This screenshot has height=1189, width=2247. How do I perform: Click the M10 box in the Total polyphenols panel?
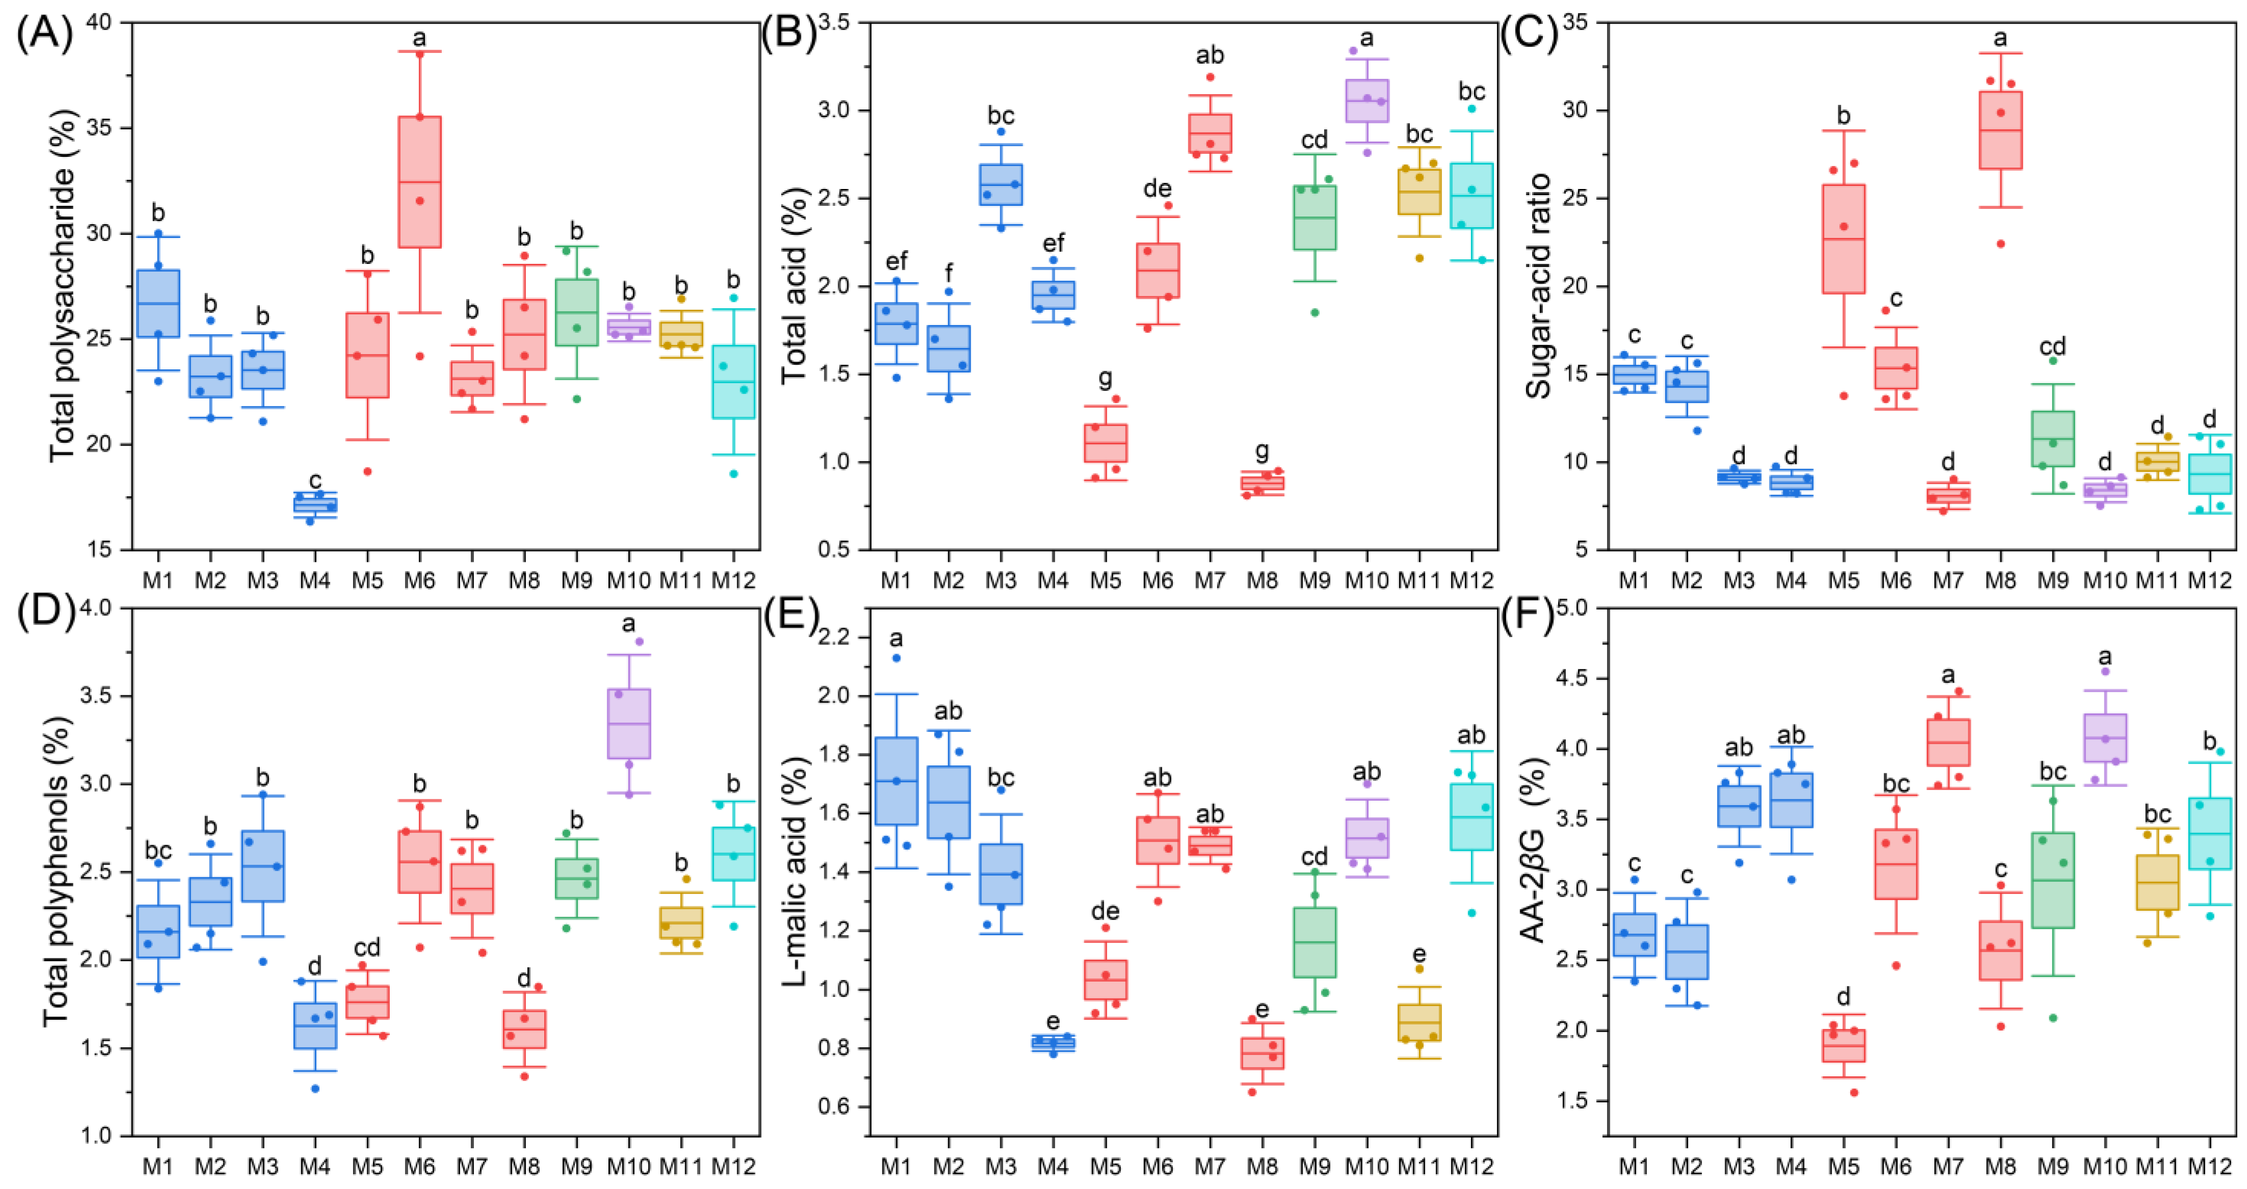628,723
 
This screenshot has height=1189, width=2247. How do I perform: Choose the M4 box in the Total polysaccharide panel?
315,504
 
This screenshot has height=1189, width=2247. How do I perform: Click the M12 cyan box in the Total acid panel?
1472,196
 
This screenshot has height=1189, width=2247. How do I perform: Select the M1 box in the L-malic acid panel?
896,781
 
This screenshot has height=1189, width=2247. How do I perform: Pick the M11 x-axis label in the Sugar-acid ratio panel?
2157,579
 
